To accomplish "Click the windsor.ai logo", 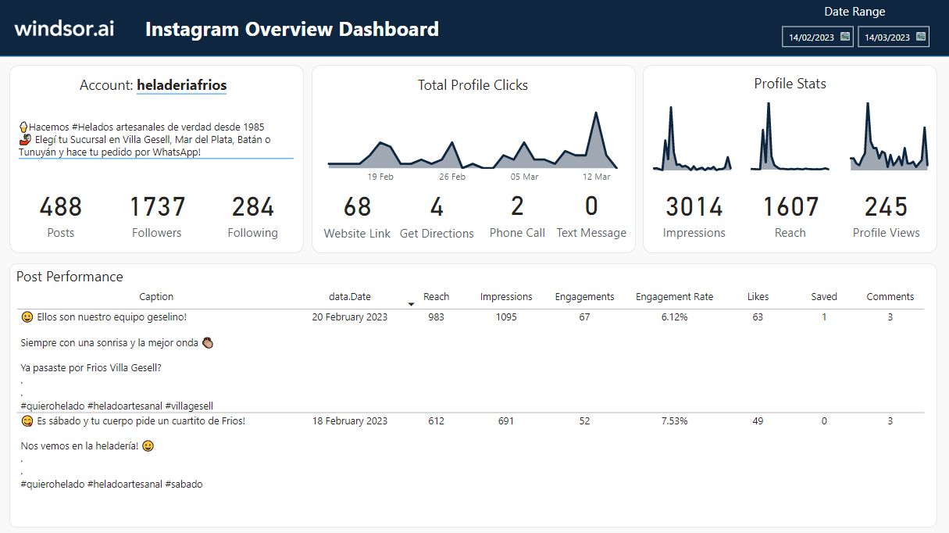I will pos(64,29).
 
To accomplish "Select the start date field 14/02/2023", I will pos(811,37).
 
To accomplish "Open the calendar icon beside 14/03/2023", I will pos(920,36).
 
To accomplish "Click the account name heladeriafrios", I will pos(181,85).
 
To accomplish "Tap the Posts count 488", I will pos(61,207).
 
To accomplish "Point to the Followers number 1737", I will pos(157,207).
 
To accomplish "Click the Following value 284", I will pos(253,207).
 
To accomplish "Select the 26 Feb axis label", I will pos(452,177).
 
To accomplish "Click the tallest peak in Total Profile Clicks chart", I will pos(596,113).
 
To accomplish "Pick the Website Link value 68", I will pos(357,207).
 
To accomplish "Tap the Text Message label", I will pos(591,233).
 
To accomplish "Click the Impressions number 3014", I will pos(694,207).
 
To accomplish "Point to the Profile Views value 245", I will pos(886,207).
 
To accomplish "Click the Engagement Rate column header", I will pos(674,297).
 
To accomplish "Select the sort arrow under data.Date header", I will pos(412,304).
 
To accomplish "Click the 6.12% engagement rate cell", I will pos(674,317).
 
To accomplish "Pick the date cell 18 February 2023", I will pos(349,421).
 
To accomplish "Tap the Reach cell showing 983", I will pos(436,317).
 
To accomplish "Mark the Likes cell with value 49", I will pos(758,421).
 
